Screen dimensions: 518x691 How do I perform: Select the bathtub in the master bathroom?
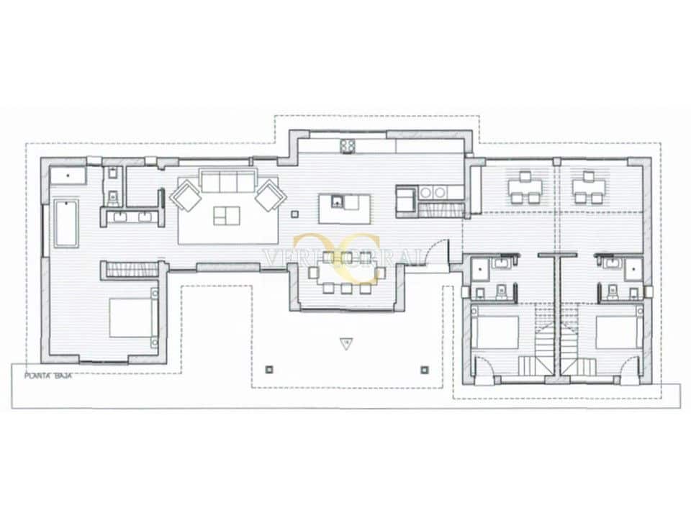[66, 224]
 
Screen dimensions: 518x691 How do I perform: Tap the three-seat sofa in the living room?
[227, 181]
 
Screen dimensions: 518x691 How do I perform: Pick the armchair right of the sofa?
[271, 195]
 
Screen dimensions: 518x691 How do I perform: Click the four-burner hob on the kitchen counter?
[348, 146]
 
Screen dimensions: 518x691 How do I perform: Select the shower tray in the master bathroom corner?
[68, 176]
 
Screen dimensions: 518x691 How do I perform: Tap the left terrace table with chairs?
[524, 188]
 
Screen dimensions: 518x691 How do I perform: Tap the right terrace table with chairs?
[588, 188]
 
